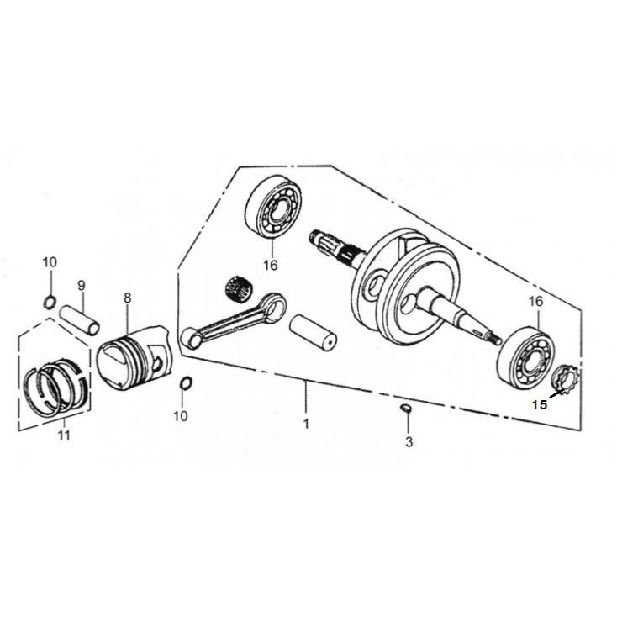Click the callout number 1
306,425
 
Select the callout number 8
127,298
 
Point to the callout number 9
82,284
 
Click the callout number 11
64,435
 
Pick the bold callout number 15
539,403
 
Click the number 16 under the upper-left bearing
269,266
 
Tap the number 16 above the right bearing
535,301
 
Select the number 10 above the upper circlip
50,262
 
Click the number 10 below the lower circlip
181,415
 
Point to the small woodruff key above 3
405,409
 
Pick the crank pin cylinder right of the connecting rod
313,331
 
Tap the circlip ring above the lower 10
187,385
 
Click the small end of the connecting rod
191,338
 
